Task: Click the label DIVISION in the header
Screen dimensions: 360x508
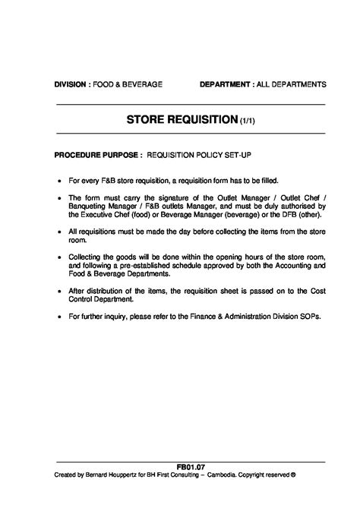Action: coord(70,84)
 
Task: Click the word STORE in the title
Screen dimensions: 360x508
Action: coord(149,120)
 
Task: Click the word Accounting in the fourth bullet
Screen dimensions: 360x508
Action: coord(292,267)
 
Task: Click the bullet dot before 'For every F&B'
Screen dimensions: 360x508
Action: coord(59,181)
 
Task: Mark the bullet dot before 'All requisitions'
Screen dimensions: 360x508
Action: coord(59,232)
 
